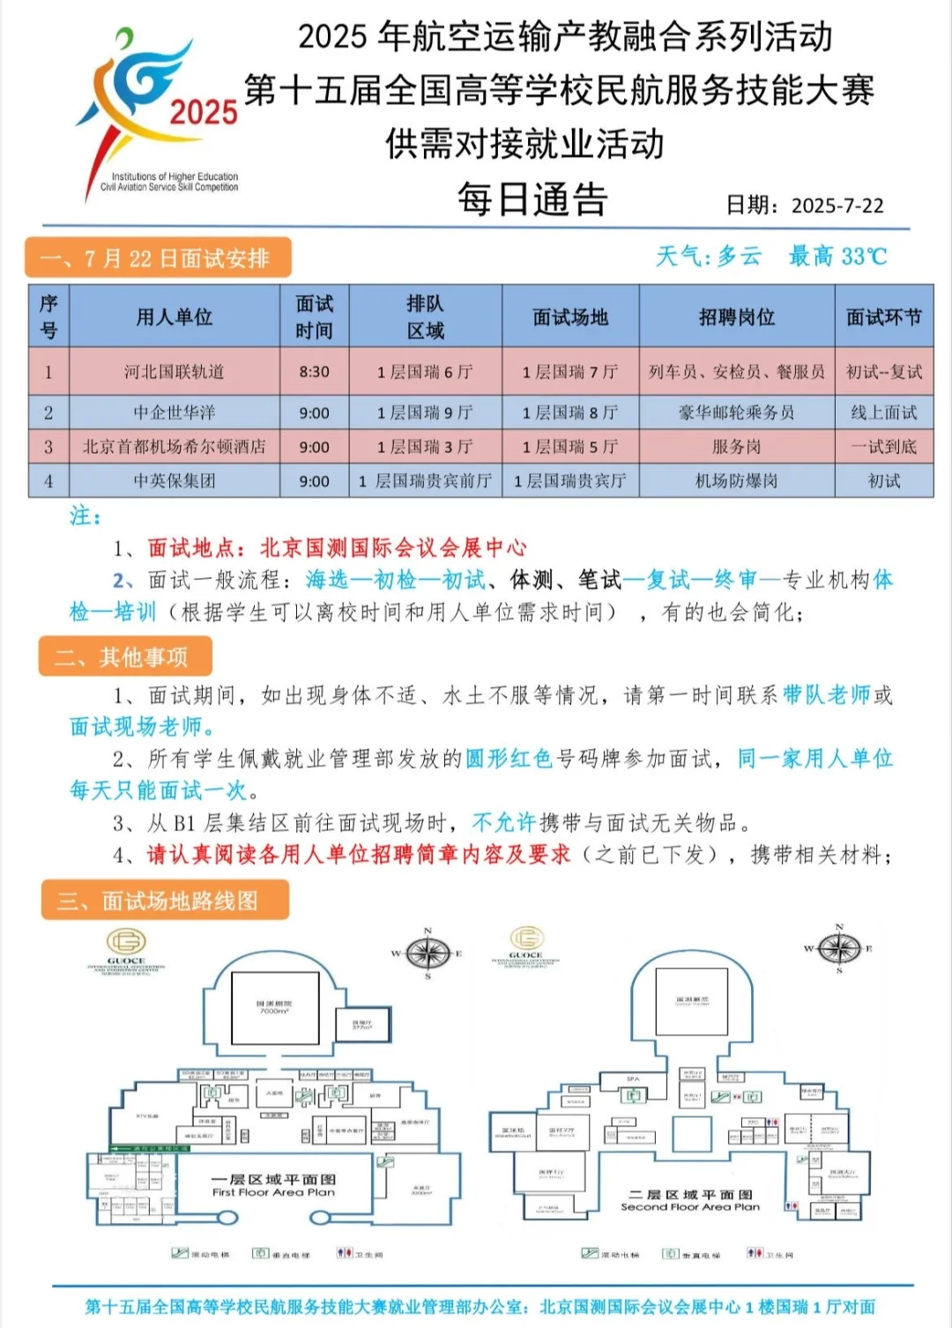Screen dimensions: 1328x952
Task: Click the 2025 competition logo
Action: click(159, 110)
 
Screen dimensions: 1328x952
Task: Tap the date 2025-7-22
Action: click(837, 205)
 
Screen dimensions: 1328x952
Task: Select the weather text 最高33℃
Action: click(837, 256)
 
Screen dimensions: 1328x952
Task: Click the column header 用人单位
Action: click(174, 316)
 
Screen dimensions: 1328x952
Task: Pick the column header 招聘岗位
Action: click(736, 316)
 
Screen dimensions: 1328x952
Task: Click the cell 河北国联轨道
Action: click(174, 372)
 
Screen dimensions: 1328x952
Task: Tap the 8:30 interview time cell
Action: click(314, 372)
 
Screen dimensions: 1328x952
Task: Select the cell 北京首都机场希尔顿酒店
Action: click(174, 447)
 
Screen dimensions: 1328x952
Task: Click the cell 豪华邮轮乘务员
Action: click(736, 412)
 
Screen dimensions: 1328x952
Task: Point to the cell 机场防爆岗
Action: click(736, 481)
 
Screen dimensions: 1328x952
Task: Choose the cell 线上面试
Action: click(883, 412)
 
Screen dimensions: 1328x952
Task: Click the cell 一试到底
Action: click(883, 447)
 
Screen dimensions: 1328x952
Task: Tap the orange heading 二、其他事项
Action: click(124, 657)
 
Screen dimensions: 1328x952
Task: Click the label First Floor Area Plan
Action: click(273, 1192)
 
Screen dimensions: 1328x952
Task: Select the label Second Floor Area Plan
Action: click(689, 1206)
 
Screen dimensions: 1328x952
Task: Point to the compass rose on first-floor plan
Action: click(428, 953)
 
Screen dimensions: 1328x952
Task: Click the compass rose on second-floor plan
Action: click(839, 948)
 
